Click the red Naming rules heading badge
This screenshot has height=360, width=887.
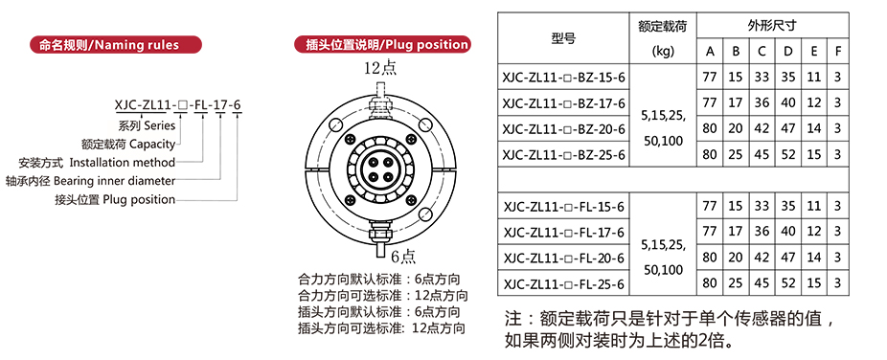click(115, 45)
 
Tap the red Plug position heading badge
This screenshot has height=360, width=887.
click(382, 45)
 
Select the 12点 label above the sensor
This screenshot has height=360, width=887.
click(380, 68)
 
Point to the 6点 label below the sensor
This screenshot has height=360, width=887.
click(403, 256)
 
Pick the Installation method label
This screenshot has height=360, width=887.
click(97, 163)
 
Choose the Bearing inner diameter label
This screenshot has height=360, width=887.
click(90, 181)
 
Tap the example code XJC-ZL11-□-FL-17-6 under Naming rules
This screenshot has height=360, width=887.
click(177, 105)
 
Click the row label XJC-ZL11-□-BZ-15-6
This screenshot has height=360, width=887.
click(563, 77)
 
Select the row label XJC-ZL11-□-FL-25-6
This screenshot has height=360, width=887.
click(563, 283)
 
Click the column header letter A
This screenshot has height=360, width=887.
click(710, 52)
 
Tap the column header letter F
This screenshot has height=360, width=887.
click(838, 52)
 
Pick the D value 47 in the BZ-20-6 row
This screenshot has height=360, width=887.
click(788, 128)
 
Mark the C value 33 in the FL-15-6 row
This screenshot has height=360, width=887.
click(762, 206)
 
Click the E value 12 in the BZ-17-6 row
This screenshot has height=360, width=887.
click(813, 102)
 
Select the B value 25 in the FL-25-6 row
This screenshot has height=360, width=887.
click(736, 282)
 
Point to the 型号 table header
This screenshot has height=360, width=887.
click(563, 38)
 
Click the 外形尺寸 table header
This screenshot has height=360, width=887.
click(772, 26)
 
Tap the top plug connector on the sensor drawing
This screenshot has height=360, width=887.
click(379, 101)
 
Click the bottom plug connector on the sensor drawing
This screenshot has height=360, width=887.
click(379, 238)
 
